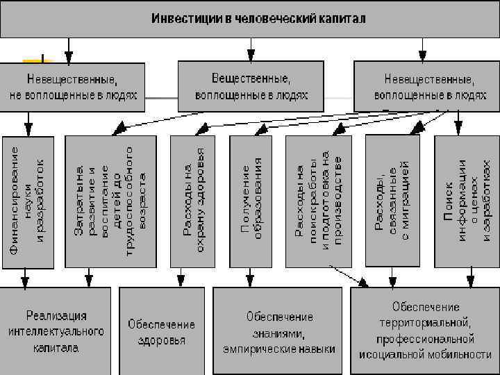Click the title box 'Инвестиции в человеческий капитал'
(x=250, y=18)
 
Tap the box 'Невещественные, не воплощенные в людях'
(x=73, y=87)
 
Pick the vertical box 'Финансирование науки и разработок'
(x=28, y=201)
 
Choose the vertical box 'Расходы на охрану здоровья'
(x=193, y=201)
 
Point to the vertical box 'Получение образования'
(x=251, y=201)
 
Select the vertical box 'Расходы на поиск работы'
(x=318, y=201)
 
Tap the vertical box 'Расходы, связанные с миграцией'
(x=392, y=201)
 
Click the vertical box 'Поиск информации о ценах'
(x=466, y=201)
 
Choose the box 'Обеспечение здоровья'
(x=161, y=332)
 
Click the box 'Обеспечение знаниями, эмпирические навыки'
(x=278, y=332)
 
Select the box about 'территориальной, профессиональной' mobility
(x=425, y=331)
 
